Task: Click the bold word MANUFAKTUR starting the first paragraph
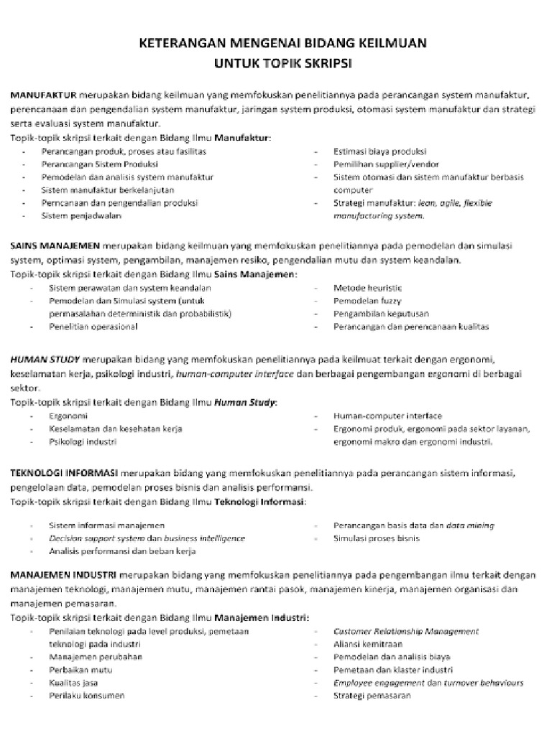(x=44, y=95)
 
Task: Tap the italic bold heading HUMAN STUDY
(x=45, y=359)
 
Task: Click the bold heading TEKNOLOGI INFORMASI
(x=63, y=474)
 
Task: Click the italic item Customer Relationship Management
(x=406, y=631)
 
